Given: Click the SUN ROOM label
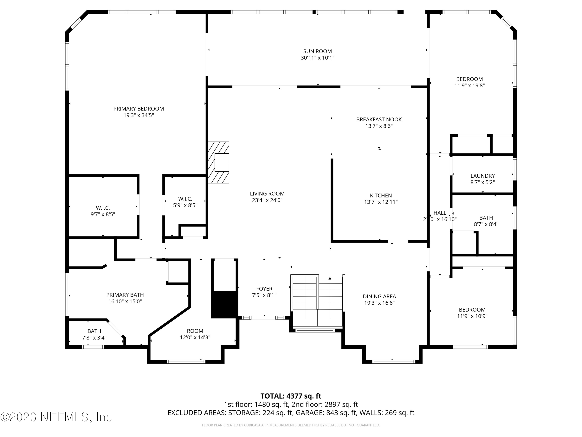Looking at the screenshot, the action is tap(317, 51).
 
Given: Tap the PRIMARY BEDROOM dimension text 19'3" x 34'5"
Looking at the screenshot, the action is tap(139, 115).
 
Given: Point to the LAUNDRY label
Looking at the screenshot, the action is tap(482, 176).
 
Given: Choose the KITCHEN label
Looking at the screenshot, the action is tap(381, 195).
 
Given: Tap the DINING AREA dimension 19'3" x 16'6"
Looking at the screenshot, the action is tap(379, 303).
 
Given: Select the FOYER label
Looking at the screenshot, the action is tap(264, 289).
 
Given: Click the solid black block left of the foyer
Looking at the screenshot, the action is tap(224, 305).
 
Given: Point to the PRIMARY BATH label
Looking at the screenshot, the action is tap(125, 295).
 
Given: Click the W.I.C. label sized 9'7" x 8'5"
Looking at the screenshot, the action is tap(103, 208).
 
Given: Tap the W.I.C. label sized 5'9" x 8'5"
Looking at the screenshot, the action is tap(185, 199).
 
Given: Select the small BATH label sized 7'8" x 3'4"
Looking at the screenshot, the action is tap(94, 331).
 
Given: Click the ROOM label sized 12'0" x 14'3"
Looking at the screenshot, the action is tap(195, 331).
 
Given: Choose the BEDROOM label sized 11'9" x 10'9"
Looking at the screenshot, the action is tap(472, 310).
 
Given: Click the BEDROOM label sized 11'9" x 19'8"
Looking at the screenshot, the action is tap(469, 79).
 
